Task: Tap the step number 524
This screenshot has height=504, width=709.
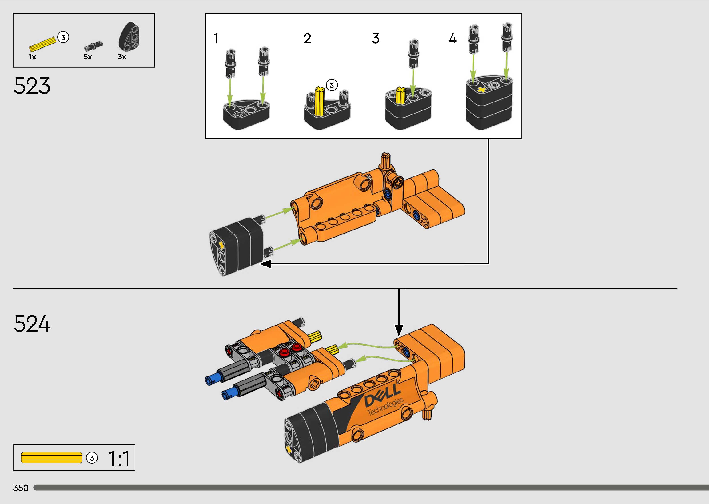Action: (x=32, y=324)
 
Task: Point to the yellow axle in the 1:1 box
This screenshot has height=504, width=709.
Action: (x=52, y=458)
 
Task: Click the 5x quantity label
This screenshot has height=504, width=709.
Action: (x=88, y=57)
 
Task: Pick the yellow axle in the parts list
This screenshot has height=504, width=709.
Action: (x=43, y=44)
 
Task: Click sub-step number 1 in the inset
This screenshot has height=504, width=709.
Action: (x=216, y=38)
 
